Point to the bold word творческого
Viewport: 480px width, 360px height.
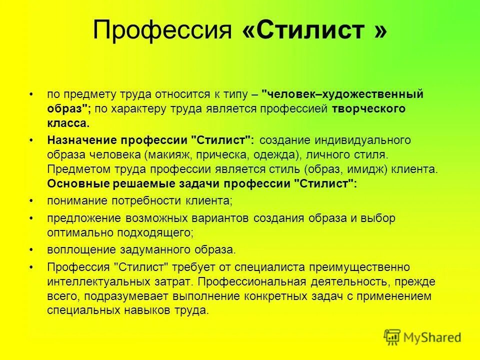[367, 108]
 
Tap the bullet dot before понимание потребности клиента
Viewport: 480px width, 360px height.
[31, 201]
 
